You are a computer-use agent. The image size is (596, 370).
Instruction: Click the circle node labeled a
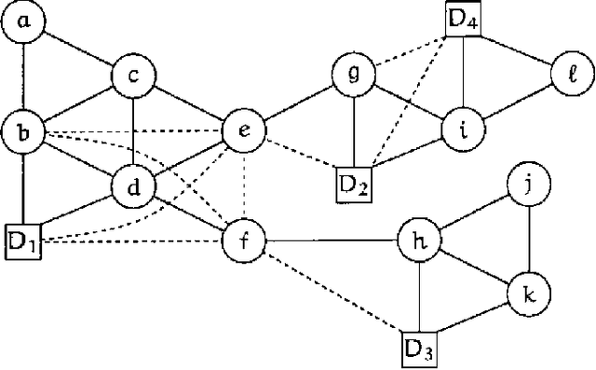click(24, 23)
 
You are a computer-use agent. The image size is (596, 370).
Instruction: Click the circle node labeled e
click(244, 130)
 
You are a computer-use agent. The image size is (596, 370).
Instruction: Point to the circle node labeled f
click(244, 241)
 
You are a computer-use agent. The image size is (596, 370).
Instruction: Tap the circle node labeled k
click(527, 296)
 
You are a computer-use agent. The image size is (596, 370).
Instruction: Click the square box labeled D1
click(23, 241)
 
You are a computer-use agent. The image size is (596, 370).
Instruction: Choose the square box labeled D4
click(464, 19)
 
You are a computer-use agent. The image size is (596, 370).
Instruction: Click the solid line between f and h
click(331, 241)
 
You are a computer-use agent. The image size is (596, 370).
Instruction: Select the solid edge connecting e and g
click(299, 102)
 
